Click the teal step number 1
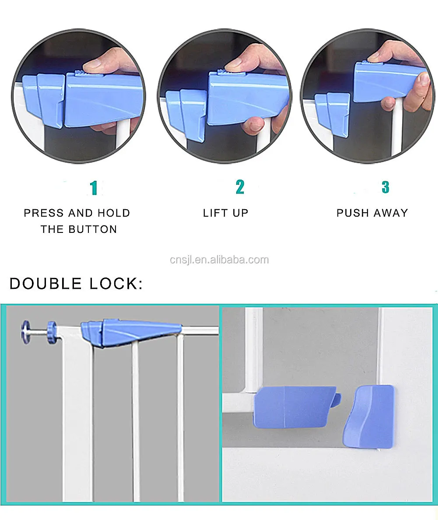point(93,187)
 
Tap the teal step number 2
point(240,187)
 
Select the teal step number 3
point(385,187)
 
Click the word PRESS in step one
point(44,213)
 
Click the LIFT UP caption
point(225,213)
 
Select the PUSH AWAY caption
point(372,213)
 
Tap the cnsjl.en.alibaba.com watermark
point(219,260)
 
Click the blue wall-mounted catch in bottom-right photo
point(368,416)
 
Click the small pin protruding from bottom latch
point(336,399)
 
